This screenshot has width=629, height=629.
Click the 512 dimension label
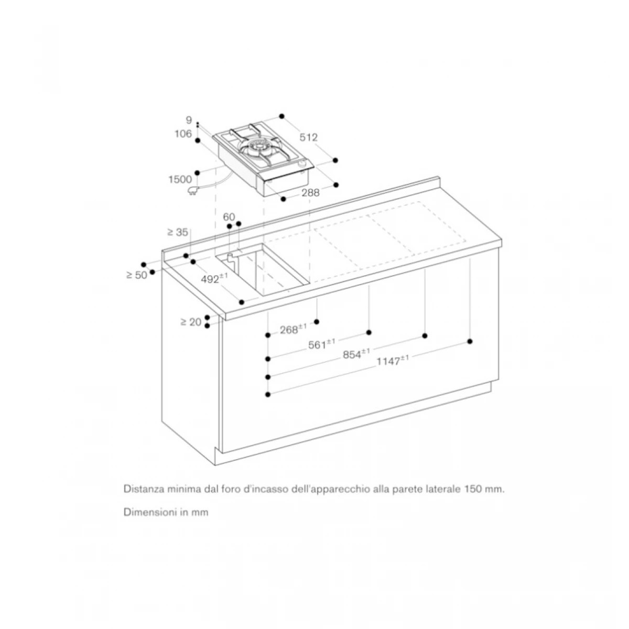[x=308, y=137]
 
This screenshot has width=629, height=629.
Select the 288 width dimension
[x=310, y=193]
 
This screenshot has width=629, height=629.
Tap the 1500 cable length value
[x=180, y=179]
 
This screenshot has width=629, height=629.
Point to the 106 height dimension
[x=183, y=134]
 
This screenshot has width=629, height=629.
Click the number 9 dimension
[x=189, y=120]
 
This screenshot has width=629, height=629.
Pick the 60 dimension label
[x=229, y=216]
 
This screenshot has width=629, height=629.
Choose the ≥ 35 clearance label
[x=178, y=232]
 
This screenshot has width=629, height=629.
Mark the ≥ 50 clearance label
[x=137, y=275]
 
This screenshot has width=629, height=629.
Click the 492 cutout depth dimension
[x=214, y=278]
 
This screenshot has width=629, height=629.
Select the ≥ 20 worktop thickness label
[x=191, y=322]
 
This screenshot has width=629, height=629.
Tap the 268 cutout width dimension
[x=294, y=329]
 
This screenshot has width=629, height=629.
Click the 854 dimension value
[x=356, y=354]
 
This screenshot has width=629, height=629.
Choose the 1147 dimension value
[x=393, y=361]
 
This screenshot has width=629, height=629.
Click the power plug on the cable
[x=192, y=191]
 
